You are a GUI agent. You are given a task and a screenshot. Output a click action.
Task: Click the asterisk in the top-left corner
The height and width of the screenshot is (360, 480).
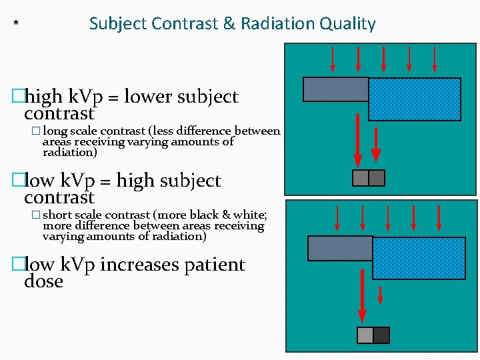point(16,26)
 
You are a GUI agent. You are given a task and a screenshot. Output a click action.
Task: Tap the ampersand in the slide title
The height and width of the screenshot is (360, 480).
point(229,24)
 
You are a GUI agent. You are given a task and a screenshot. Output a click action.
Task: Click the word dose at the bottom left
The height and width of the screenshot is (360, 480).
point(43,282)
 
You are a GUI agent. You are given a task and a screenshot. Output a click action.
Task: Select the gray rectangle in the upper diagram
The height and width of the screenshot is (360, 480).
point(335,89)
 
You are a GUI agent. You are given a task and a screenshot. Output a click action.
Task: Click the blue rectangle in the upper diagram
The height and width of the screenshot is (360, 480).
point(414,99)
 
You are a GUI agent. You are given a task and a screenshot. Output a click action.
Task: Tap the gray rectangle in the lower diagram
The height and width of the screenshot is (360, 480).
point(339,248)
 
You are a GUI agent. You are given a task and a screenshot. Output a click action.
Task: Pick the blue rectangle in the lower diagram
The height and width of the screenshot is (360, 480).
point(418,258)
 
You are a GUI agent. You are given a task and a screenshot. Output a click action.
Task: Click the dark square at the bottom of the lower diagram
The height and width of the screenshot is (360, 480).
point(381,335)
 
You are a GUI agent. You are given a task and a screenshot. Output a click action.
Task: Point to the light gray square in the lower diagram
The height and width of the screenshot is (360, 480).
point(365,335)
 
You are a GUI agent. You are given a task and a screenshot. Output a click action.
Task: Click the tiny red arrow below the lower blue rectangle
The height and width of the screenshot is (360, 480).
point(380,295)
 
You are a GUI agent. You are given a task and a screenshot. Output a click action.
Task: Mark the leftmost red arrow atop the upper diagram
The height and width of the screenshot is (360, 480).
point(334,59)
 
